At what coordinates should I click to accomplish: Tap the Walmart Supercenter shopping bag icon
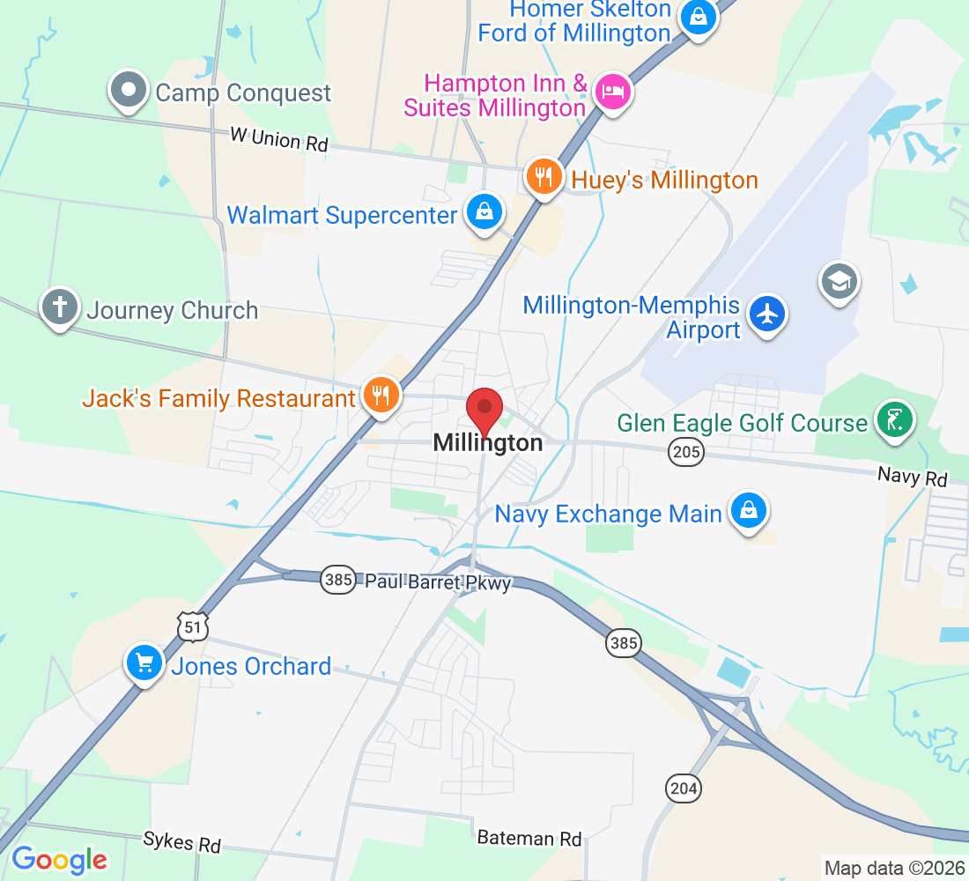[x=484, y=212]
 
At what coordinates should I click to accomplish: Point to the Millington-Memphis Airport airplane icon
[x=767, y=314]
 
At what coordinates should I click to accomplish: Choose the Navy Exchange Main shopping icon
[x=748, y=511]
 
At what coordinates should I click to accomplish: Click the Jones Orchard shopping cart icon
[x=144, y=663]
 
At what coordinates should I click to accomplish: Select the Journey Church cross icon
[x=60, y=307]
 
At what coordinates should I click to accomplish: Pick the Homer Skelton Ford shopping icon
[x=698, y=16]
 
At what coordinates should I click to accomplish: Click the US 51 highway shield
[x=193, y=626]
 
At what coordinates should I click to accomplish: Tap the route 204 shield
[x=684, y=788]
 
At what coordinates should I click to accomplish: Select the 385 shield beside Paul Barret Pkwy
[x=337, y=579]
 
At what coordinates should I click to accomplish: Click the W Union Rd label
[x=278, y=138]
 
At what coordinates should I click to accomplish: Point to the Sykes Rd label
[x=181, y=841]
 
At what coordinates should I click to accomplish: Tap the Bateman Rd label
[x=529, y=838]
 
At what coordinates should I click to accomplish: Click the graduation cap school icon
[x=839, y=281]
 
